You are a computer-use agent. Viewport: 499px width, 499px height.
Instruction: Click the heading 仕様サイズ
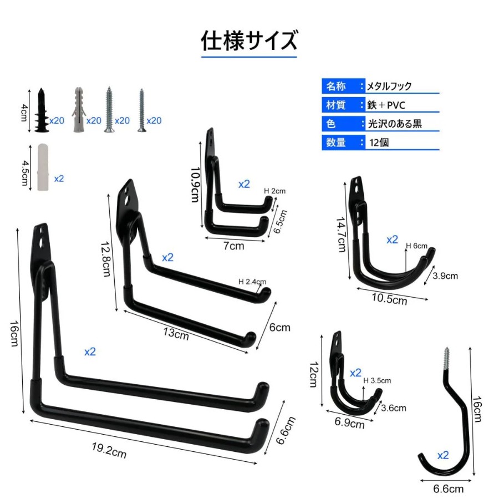pos(249,40)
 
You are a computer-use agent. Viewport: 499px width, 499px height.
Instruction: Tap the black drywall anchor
pos(42,110)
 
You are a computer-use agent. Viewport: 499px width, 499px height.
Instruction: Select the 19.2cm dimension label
pos(109,450)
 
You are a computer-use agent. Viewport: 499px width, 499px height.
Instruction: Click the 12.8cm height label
pos(106,259)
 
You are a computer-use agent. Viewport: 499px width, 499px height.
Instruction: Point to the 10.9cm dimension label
pos(195,185)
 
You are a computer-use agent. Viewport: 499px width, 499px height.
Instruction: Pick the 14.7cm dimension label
pos(341,235)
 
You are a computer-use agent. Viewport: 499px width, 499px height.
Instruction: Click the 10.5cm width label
pos(390,299)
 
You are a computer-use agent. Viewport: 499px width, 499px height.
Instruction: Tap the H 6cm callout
pos(416,246)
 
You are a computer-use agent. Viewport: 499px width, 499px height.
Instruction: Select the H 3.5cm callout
pos(377,380)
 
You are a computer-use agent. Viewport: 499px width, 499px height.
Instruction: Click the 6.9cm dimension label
pos(349,423)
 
